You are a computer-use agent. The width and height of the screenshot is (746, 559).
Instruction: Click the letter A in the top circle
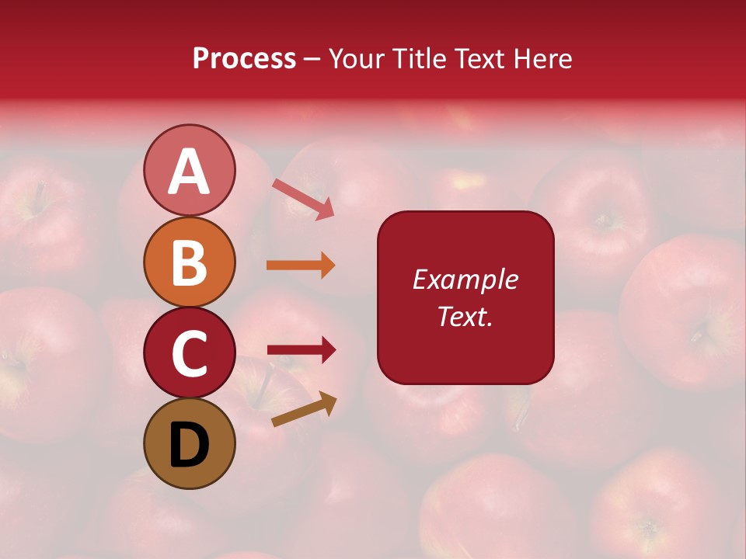pos(189,171)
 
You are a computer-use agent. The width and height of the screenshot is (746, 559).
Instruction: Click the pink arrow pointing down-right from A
pos(303,199)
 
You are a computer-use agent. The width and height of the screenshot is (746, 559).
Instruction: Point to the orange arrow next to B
pos(300,266)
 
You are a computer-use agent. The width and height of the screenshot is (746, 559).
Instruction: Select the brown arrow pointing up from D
pos(304,410)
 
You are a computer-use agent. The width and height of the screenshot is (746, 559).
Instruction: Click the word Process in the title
pos(244,59)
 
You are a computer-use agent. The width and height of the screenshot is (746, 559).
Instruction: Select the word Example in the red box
pos(465,279)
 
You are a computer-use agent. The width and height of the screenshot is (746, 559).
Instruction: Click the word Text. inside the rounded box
pos(465,316)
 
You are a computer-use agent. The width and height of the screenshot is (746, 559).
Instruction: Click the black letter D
pos(190,444)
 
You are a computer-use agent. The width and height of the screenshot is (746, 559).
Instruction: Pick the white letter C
pos(190,353)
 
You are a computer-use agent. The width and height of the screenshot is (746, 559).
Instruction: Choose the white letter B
pos(190,262)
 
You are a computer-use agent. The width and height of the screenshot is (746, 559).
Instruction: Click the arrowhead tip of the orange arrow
pos(333,266)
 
